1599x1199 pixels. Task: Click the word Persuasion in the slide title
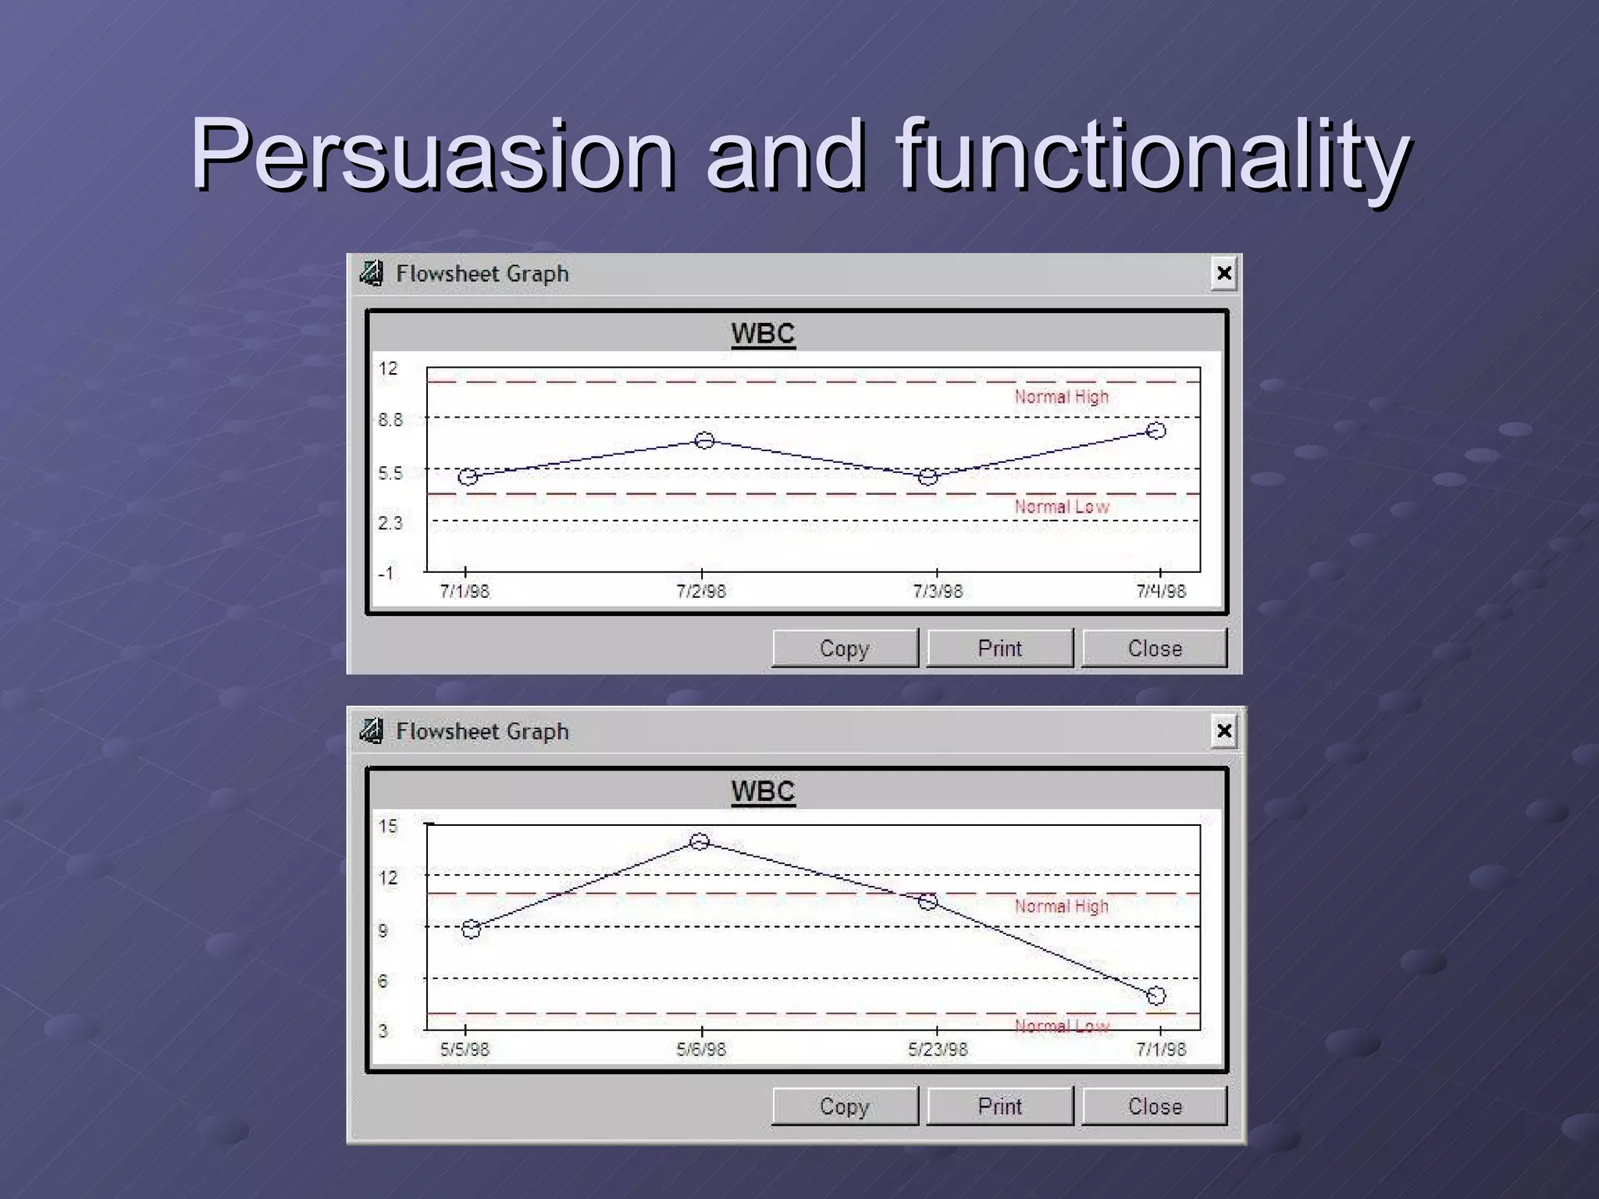tap(433, 154)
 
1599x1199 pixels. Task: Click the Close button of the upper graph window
tap(1154, 648)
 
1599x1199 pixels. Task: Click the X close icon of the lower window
tap(1223, 731)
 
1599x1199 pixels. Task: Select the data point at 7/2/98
tap(704, 440)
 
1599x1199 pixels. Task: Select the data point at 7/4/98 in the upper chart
tap(1156, 430)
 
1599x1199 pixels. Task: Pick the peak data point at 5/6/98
tap(700, 841)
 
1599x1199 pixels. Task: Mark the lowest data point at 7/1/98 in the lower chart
tap(1156, 995)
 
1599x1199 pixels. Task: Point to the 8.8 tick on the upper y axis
tap(390, 420)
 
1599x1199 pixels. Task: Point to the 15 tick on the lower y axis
tap(388, 826)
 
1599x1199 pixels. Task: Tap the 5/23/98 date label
tap(937, 1049)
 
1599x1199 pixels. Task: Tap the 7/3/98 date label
tap(937, 591)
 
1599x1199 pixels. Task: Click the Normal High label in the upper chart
tap(1061, 397)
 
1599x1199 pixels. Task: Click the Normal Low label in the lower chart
tap(1061, 1026)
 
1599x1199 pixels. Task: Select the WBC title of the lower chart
tap(763, 791)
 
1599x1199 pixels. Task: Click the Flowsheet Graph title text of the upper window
tap(482, 273)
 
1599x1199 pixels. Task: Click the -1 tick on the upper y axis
tap(386, 572)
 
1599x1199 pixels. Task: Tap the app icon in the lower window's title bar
tap(372, 731)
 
